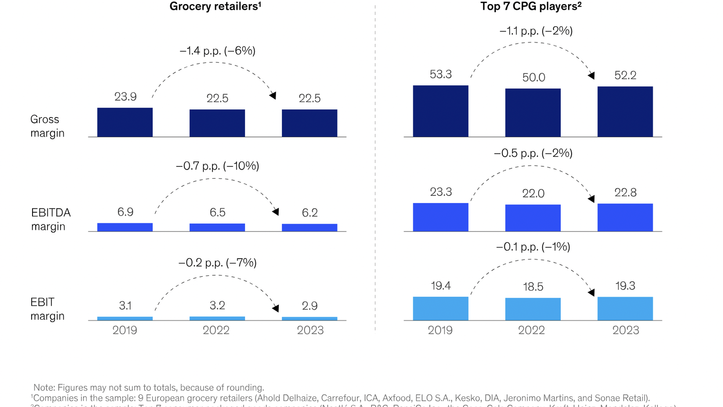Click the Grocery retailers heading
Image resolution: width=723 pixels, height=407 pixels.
coord(215,6)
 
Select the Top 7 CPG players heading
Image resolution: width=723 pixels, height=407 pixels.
coord(531,6)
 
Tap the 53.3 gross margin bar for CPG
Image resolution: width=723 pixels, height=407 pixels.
coord(441,111)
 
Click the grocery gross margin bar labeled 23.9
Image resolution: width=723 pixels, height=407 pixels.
coord(125,123)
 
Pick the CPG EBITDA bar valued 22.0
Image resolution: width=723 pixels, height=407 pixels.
coord(533,218)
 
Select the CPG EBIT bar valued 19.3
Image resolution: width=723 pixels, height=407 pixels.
coord(625,308)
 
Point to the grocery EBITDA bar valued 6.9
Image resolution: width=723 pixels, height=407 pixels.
coord(125,227)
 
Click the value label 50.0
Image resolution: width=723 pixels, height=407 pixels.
coord(534,77)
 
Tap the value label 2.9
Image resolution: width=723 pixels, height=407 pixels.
coord(310,306)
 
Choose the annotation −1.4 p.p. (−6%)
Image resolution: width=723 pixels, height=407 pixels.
coord(217,51)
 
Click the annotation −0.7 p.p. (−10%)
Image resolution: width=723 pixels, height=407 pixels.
coord(217,166)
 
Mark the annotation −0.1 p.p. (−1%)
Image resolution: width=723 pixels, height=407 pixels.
coord(533,246)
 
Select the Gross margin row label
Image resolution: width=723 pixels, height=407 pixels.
coord(47,126)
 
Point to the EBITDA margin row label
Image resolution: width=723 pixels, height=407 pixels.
coord(51,219)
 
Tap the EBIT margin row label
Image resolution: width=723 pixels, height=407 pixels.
coord(47,309)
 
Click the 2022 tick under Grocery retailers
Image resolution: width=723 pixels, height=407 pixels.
coord(216,330)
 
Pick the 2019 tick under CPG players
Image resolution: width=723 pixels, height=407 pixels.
coord(440,330)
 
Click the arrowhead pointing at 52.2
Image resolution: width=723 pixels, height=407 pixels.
coord(591,76)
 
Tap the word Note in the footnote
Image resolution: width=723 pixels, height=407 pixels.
coord(44,388)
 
